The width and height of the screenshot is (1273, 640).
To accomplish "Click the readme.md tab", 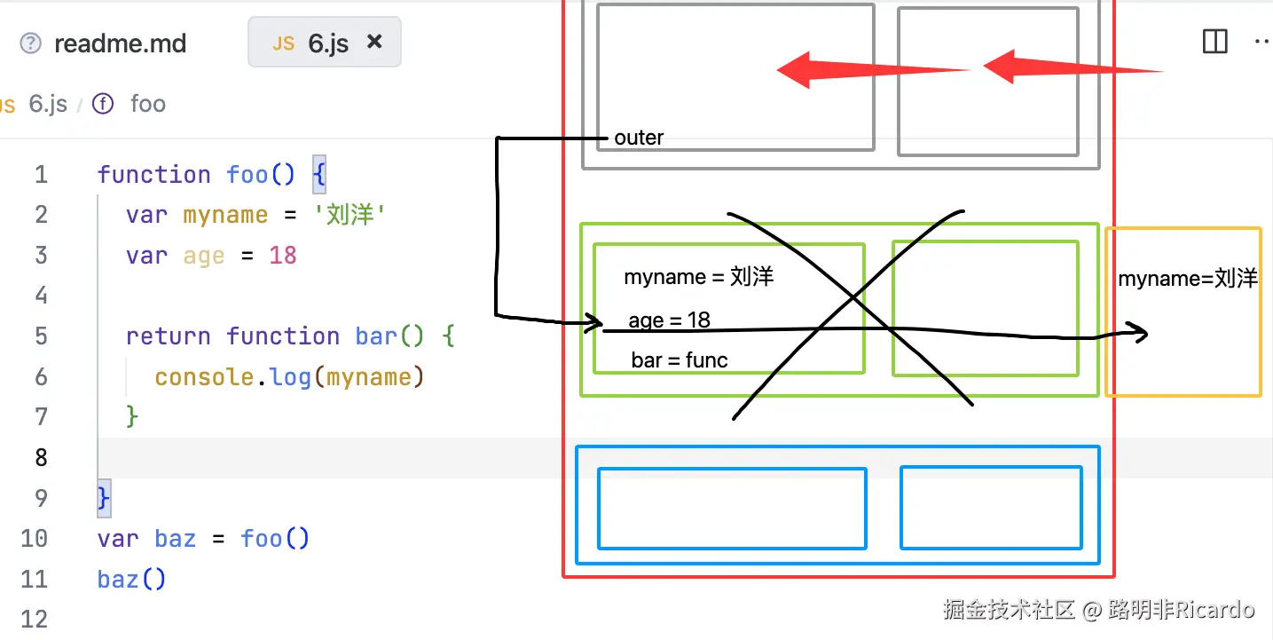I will pyautogui.click(x=120, y=43).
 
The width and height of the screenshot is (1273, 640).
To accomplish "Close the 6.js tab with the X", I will pyautogui.click(x=374, y=42).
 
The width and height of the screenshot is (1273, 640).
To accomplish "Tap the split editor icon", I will pyautogui.click(x=1214, y=42).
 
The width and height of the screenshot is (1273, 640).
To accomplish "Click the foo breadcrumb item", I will pyautogui.click(x=147, y=104).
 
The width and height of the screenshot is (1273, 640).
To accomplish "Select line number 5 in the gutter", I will pyautogui.click(x=41, y=336).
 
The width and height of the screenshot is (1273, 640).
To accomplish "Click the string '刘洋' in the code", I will pyautogui.click(x=350, y=215).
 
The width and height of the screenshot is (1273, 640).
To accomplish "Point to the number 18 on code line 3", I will pyautogui.click(x=282, y=256).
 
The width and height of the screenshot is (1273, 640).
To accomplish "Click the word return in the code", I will pyautogui.click(x=169, y=336).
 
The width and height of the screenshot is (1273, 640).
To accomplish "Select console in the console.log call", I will pyautogui.click(x=204, y=377).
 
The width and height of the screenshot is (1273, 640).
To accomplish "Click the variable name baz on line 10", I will pyautogui.click(x=175, y=539).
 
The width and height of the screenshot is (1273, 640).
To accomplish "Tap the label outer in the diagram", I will pyautogui.click(x=639, y=138).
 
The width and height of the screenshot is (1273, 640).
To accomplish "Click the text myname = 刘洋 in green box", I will pyautogui.click(x=698, y=277).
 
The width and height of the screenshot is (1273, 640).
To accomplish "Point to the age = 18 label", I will pyautogui.click(x=669, y=320).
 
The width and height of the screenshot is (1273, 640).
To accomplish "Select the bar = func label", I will pyautogui.click(x=680, y=360).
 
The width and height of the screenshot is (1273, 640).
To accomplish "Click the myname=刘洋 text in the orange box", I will pyautogui.click(x=1188, y=279).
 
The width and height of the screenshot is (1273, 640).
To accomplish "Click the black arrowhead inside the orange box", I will pyautogui.click(x=1139, y=334).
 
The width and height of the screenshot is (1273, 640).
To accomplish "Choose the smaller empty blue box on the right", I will pyautogui.click(x=991, y=508).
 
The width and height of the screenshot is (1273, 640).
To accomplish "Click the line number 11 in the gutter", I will pyautogui.click(x=34, y=580).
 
